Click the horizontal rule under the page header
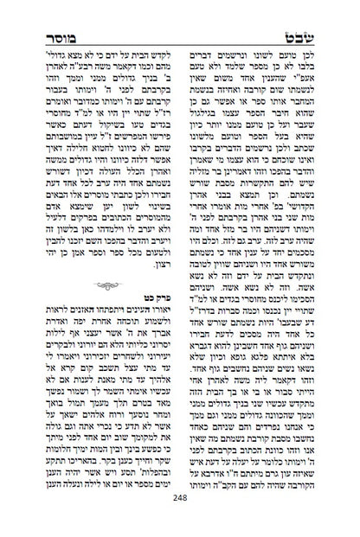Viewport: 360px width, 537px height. point(180,28)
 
